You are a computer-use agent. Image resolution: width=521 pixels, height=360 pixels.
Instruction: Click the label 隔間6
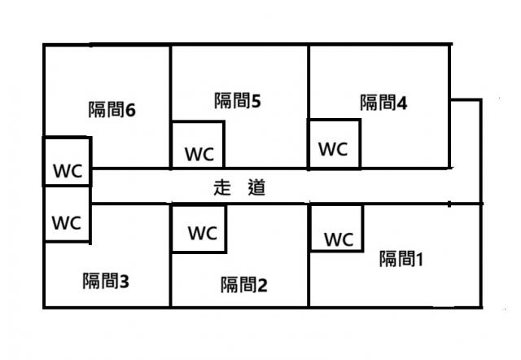click(x=111, y=110)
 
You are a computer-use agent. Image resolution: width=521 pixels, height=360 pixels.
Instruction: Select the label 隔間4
click(x=383, y=103)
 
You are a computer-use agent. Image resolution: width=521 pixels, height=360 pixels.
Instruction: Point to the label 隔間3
click(x=106, y=281)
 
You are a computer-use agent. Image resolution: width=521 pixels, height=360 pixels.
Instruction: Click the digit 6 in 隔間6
click(x=129, y=110)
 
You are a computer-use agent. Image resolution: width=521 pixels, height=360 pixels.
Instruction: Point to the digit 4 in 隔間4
click(x=402, y=103)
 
